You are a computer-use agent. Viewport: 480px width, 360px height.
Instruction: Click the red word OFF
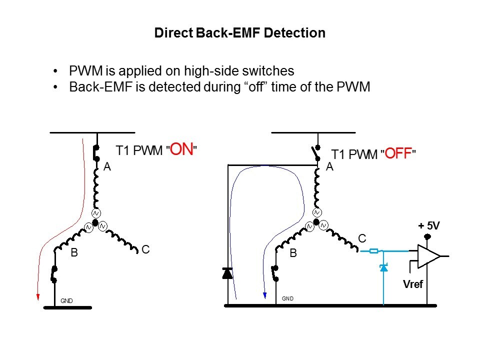coord(398,154)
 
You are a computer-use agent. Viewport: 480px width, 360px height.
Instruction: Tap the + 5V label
coord(428,226)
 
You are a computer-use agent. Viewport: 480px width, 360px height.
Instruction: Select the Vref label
coord(413,284)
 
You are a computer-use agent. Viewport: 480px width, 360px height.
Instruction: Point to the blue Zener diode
coord(383,268)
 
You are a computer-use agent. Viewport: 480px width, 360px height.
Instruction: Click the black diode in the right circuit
coord(227,273)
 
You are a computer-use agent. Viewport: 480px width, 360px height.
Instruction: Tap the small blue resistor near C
coord(374,251)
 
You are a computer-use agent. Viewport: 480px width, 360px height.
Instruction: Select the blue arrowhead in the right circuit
coord(264,296)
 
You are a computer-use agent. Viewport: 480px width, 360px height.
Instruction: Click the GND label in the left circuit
coord(66,301)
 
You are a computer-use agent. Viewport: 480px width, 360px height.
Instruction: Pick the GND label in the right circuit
coord(287,298)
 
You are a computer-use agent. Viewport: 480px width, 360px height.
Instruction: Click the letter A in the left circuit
coord(107,167)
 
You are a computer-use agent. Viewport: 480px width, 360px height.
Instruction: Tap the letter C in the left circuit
coord(145,248)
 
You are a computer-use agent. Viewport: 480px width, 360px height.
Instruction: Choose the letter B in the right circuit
coord(293,253)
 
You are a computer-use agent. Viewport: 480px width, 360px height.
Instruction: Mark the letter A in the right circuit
coord(329,167)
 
